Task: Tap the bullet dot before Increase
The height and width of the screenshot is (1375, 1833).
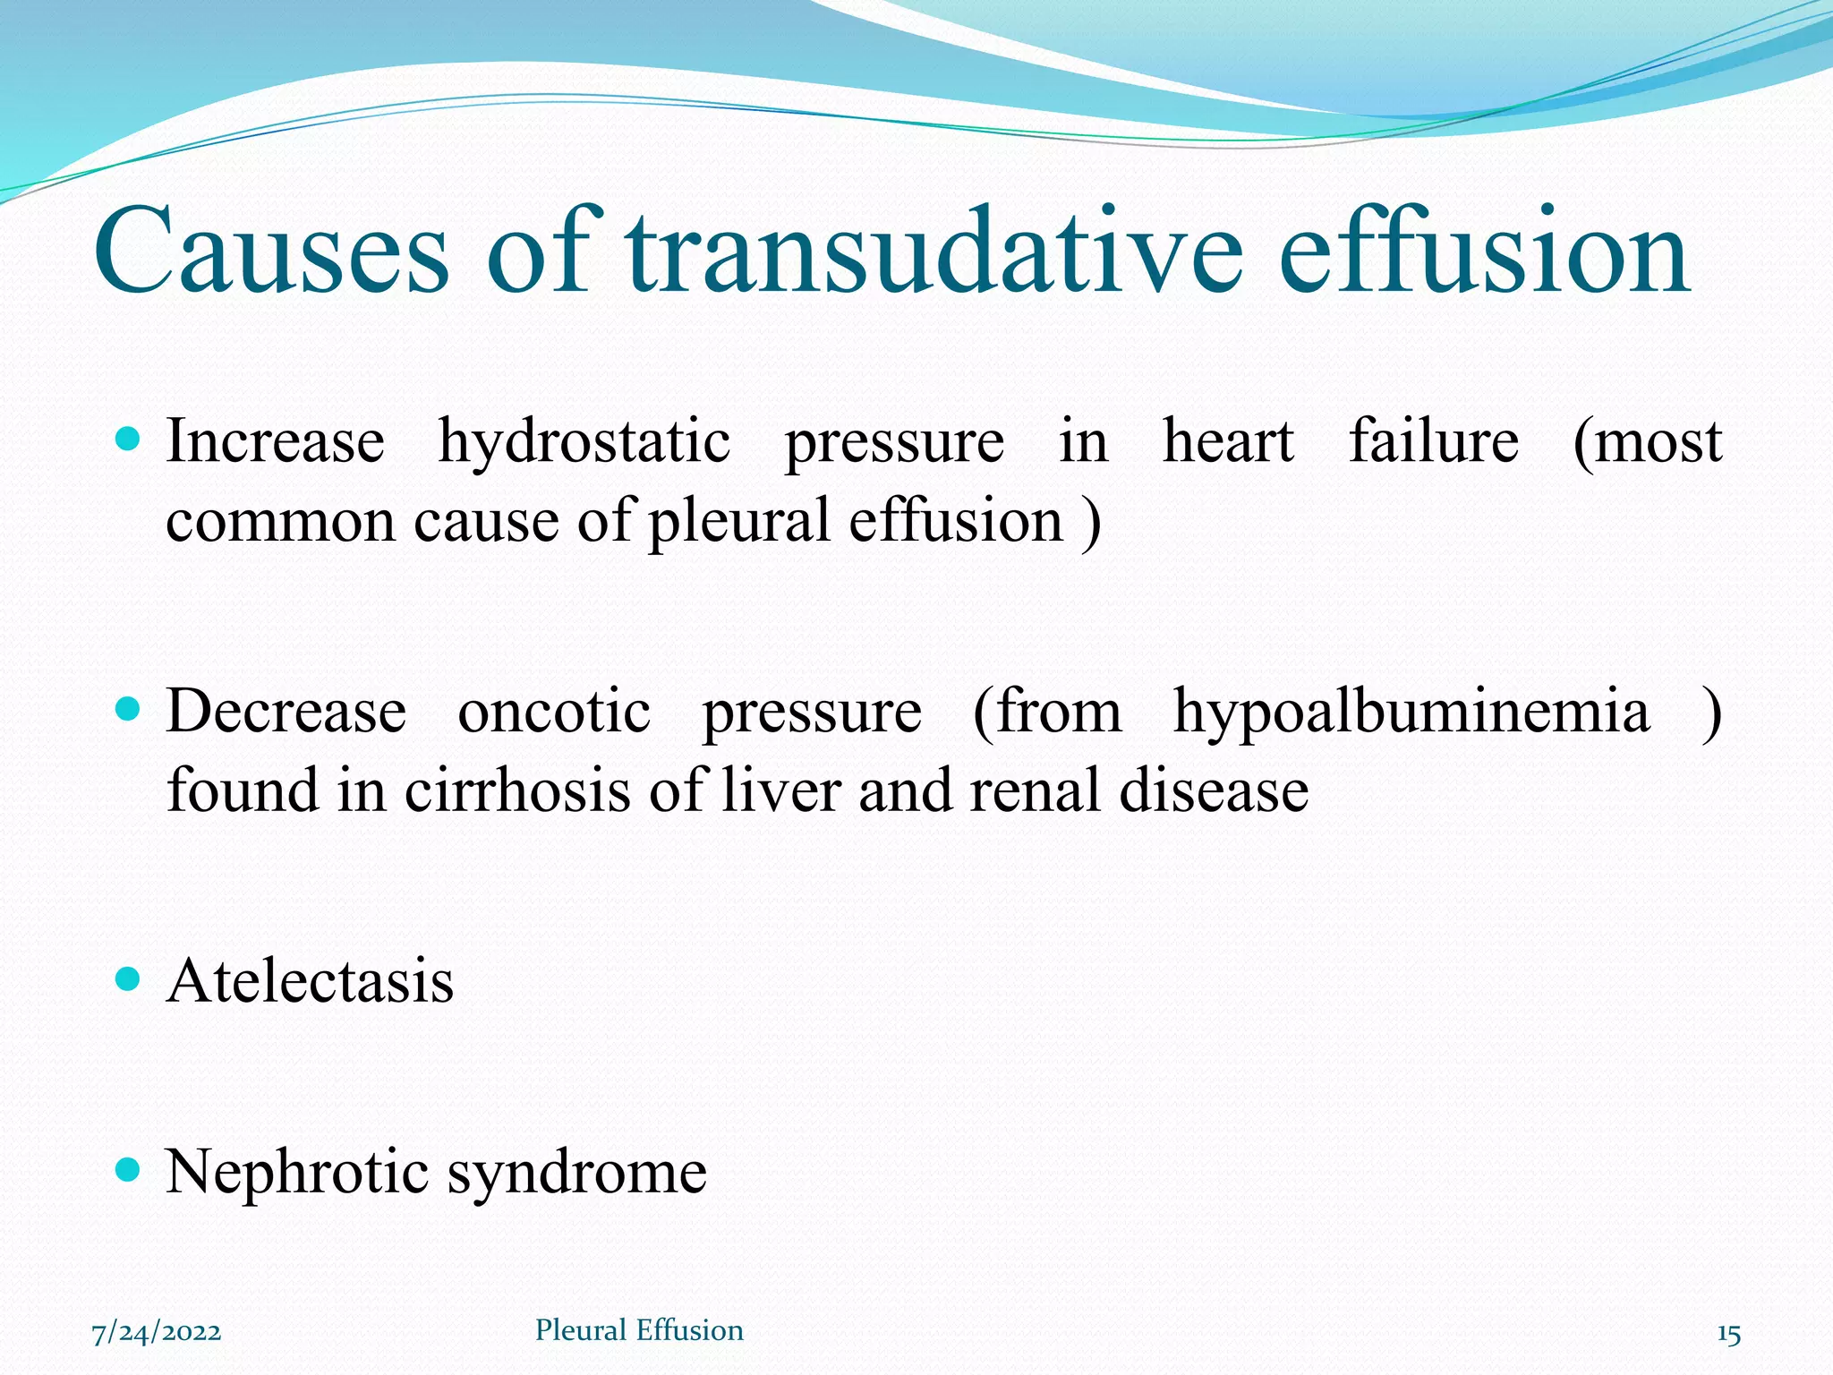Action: pyautogui.click(x=129, y=439)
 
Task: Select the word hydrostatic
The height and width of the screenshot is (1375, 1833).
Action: pyautogui.click(x=584, y=443)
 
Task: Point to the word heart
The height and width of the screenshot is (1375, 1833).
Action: pyautogui.click(x=1228, y=441)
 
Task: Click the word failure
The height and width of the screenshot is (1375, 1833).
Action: pyautogui.click(x=1433, y=441)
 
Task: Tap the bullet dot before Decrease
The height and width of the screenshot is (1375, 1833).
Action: pyautogui.click(x=129, y=710)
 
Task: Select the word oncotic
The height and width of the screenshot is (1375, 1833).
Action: pyautogui.click(x=554, y=713)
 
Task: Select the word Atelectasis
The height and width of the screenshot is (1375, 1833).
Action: pyautogui.click(x=310, y=981)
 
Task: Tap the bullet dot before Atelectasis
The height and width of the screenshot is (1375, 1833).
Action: pyautogui.click(x=129, y=979)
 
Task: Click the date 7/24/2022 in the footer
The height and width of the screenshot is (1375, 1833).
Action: pyautogui.click(x=157, y=1332)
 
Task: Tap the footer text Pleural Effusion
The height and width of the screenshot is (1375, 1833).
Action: pyautogui.click(x=639, y=1330)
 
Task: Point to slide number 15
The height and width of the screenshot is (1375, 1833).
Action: pyautogui.click(x=1728, y=1335)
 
